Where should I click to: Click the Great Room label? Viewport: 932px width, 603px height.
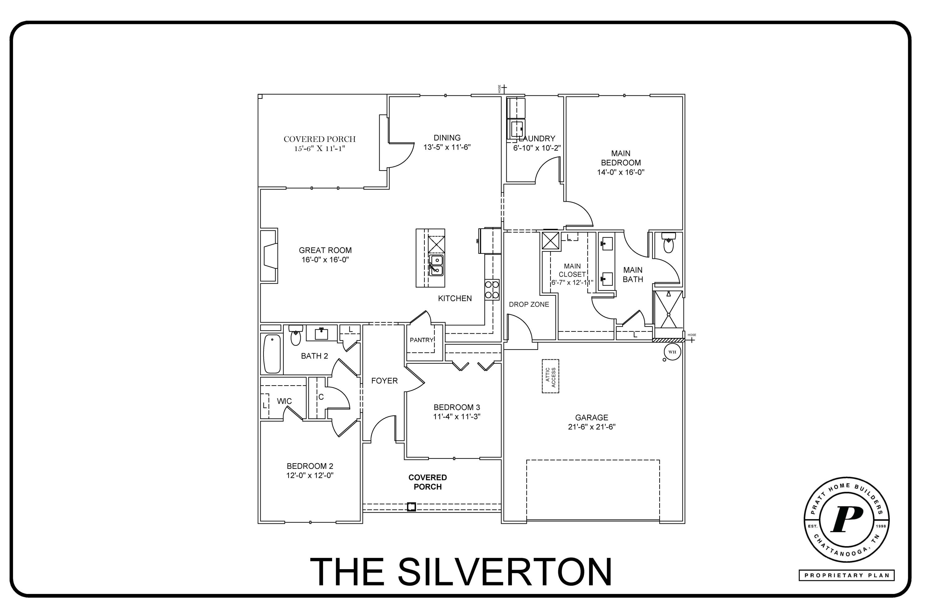(325, 250)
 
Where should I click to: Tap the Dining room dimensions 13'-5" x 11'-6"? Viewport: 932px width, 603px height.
(447, 147)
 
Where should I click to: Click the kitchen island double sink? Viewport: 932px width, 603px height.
(436, 265)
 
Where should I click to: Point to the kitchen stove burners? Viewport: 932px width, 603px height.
(492, 290)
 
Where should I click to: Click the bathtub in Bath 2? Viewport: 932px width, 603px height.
(272, 354)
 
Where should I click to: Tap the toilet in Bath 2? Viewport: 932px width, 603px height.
(296, 336)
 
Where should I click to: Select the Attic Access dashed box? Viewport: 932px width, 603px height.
(550, 376)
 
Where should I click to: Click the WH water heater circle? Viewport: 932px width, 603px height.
(672, 352)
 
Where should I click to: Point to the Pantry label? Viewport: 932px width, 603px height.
(421, 340)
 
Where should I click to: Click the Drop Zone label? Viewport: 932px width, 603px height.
(529, 304)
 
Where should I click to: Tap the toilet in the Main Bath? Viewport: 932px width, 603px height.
(669, 244)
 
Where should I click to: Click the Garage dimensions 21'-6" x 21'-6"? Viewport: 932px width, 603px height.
(592, 427)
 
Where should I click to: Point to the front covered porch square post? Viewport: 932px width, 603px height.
(411, 507)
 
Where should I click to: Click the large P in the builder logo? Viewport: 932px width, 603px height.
(846, 520)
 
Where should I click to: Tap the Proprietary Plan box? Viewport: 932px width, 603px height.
(846, 576)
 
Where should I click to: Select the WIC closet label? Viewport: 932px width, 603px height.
(284, 401)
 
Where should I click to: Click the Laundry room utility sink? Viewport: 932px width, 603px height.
(517, 128)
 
